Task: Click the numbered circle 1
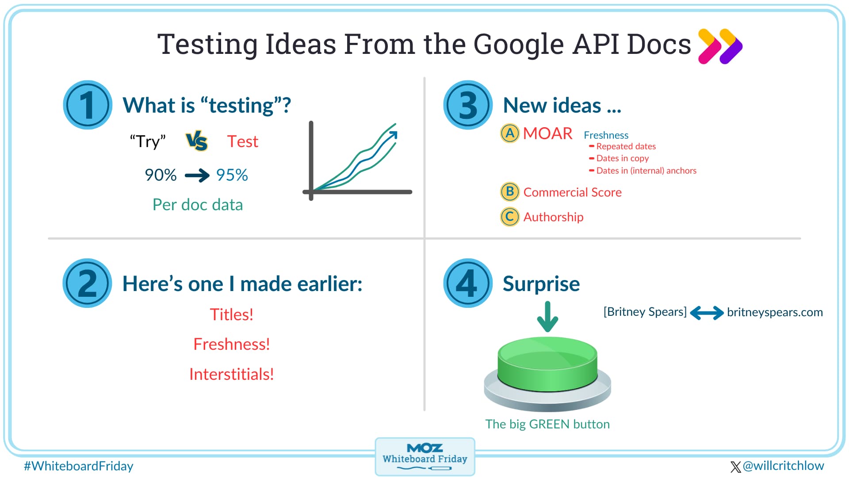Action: point(88,105)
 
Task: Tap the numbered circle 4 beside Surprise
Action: point(468,283)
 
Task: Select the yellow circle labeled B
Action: point(509,192)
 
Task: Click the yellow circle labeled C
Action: point(509,216)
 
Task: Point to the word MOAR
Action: point(547,133)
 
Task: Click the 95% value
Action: point(232,175)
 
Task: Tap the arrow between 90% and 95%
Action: point(197,175)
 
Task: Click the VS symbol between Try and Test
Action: point(197,141)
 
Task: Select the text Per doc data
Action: point(198,204)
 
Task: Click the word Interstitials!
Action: point(232,374)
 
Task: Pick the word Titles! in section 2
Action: point(232,314)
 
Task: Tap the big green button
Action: point(547,374)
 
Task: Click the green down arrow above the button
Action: point(547,317)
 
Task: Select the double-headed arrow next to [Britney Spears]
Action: point(707,313)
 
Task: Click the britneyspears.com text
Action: point(775,312)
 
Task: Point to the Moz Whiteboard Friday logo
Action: point(425,457)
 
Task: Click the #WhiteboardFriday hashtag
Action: point(79,466)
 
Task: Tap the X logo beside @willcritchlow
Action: point(736,467)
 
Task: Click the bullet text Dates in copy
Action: point(623,158)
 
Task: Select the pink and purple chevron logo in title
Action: point(720,46)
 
